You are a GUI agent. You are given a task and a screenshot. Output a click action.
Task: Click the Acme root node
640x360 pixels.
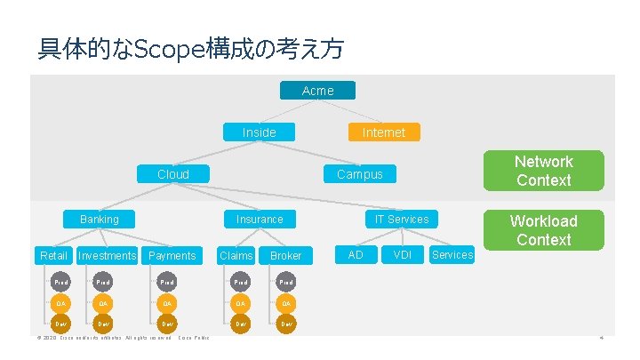point(317,91)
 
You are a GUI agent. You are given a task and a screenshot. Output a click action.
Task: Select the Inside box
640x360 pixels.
point(260,132)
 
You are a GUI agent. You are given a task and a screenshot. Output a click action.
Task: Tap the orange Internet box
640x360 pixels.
point(383,132)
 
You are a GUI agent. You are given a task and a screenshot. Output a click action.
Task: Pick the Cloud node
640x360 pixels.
point(172,174)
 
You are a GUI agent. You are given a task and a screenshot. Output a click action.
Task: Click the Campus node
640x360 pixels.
point(359,174)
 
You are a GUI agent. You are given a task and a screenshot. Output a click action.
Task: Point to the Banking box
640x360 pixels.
point(99,219)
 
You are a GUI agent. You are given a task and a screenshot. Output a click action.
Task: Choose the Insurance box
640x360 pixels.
point(260,219)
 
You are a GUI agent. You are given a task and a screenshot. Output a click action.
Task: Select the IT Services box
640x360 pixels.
point(401,219)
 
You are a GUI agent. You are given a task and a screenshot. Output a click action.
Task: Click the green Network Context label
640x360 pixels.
point(543,171)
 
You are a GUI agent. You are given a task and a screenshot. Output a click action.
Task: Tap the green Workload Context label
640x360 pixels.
point(543,230)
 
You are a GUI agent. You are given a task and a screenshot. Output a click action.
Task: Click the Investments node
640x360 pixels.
point(108,256)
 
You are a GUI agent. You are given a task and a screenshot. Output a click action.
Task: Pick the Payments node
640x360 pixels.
point(172,256)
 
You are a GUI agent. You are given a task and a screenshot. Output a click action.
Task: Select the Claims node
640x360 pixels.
point(236,256)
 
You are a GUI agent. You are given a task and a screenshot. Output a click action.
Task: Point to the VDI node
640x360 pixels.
point(402,255)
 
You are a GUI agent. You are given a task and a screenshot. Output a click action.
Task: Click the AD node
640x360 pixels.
point(356,255)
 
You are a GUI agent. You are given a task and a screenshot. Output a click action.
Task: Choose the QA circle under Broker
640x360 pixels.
point(286,302)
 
